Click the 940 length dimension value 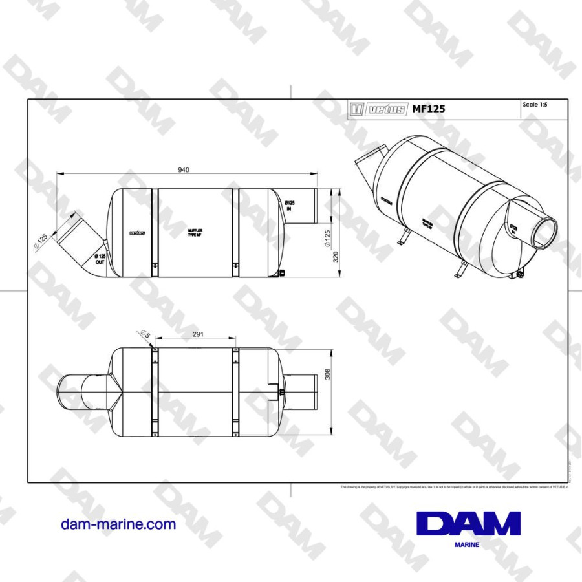click(x=184, y=170)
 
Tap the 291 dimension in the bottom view click(x=198, y=334)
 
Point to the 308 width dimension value click(x=327, y=374)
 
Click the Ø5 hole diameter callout click(x=144, y=334)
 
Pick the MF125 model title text click(x=429, y=109)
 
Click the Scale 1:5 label click(x=535, y=105)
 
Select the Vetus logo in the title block click(x=378, y=109)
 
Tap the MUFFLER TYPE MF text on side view click(x=195, y=233)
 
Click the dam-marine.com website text click(x=118, y=524)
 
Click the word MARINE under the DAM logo click(x=467, y=545)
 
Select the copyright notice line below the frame click(x=453, y=486)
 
